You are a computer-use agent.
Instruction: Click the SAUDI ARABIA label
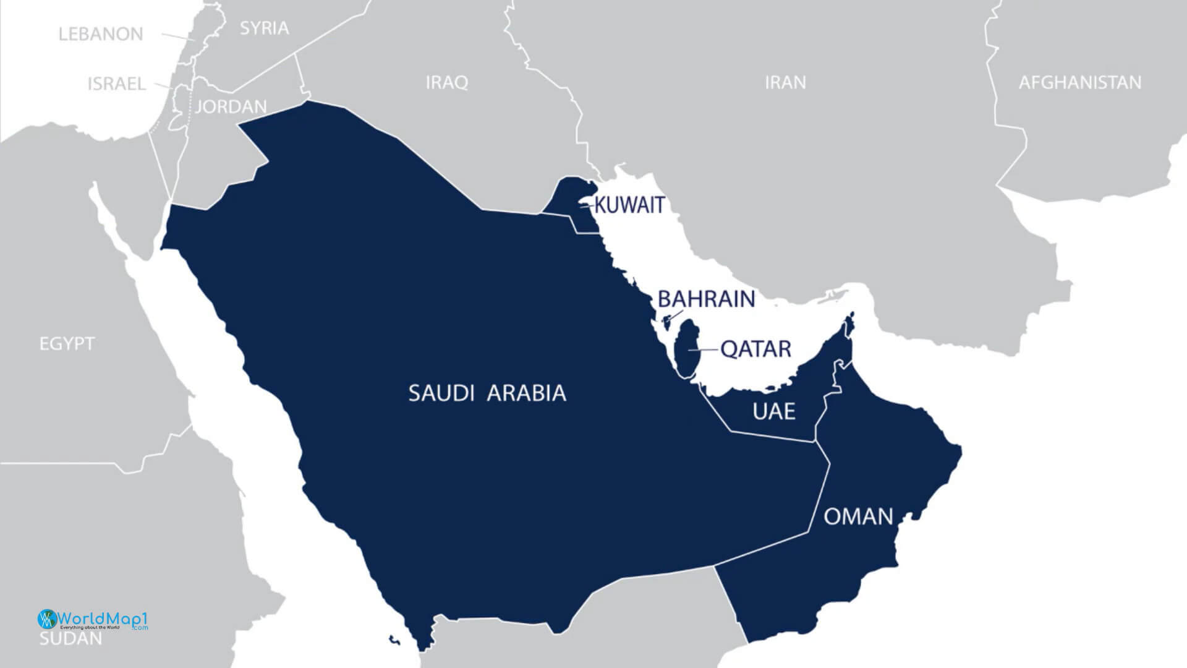(x=487, y=393)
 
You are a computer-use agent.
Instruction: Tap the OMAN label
(x=859, y=516)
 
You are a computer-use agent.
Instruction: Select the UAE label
(x=773, y=411)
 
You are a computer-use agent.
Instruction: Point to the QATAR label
(x=756, y=349)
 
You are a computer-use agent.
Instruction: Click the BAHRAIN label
(x=706, y=299)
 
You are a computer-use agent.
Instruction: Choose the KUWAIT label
(x=629, y=205)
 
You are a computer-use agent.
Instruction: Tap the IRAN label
(x=785, y=82)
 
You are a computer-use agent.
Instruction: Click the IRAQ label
(x=446, y=82)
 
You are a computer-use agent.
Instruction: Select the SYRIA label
(x=264, y=28)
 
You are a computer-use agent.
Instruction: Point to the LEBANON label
(x=101, y=34)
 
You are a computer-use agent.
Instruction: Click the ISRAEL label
(x=116, y=83)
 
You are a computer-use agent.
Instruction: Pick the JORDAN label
(x=231, y=107)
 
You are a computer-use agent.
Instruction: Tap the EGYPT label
(x=67, y=343)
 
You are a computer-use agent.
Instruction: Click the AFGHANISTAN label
(x=1079, y=82)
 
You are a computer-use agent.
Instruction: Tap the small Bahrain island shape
(x=666, y=322)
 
